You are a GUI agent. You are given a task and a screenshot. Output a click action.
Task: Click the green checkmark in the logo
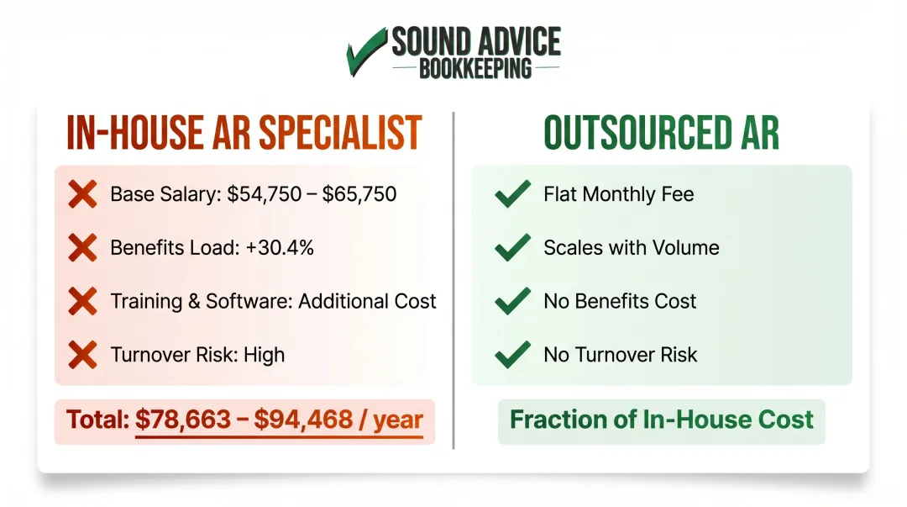366,52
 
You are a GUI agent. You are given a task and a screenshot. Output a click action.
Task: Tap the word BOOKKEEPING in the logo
475,68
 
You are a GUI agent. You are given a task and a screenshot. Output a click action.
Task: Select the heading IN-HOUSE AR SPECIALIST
244,133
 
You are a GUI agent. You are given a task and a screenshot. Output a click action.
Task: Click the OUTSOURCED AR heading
661,133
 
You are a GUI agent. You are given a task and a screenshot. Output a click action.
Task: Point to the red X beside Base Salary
82,195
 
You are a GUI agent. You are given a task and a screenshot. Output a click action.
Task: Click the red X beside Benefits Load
82,248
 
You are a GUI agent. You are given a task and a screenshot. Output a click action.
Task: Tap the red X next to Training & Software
82,302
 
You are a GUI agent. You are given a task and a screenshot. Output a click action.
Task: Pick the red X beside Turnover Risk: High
82,355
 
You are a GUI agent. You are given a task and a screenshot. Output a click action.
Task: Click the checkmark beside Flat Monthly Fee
512,195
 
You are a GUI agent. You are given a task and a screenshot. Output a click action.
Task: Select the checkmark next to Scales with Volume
512,248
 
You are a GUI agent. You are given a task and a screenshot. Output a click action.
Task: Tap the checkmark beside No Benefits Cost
512,301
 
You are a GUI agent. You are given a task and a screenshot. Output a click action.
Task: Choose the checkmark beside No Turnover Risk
512,354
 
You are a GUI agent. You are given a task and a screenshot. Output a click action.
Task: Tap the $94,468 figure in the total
291,420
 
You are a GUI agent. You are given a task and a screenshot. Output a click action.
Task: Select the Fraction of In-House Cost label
662,420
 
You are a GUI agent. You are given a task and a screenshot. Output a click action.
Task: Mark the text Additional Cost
368,302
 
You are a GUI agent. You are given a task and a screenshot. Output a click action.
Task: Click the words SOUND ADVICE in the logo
476,42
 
